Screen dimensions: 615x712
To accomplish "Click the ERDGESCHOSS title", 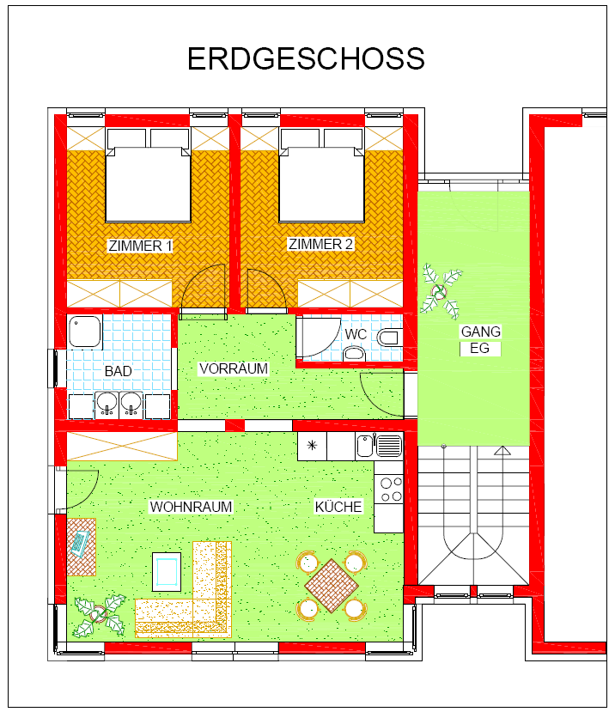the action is [306, 58].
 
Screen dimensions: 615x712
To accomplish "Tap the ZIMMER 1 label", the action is [140, 246].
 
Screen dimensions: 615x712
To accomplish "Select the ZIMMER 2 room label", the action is [320, 244].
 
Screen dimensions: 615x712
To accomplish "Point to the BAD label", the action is [118, 371].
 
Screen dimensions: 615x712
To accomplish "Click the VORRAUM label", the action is [234, 368].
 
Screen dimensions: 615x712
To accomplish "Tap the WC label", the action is [356, 334].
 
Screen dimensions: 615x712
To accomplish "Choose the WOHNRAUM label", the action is [191, 507].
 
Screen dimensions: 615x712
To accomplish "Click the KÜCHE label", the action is [338, 506].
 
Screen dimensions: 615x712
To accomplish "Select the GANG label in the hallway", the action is [480, 332].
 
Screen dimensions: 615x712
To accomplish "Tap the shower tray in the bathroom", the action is [84, 332].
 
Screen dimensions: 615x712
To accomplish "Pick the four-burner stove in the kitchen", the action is [389, 489].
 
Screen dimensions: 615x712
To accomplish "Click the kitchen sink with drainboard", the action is [379, 446].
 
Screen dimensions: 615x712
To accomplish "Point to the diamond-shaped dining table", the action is [332, 585].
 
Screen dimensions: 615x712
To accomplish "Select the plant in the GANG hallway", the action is [440, 291].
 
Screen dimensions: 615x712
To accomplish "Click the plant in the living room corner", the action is [100, 614].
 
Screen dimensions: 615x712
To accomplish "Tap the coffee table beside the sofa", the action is [167, 572].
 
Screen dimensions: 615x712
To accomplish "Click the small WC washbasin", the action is [354, 353].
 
